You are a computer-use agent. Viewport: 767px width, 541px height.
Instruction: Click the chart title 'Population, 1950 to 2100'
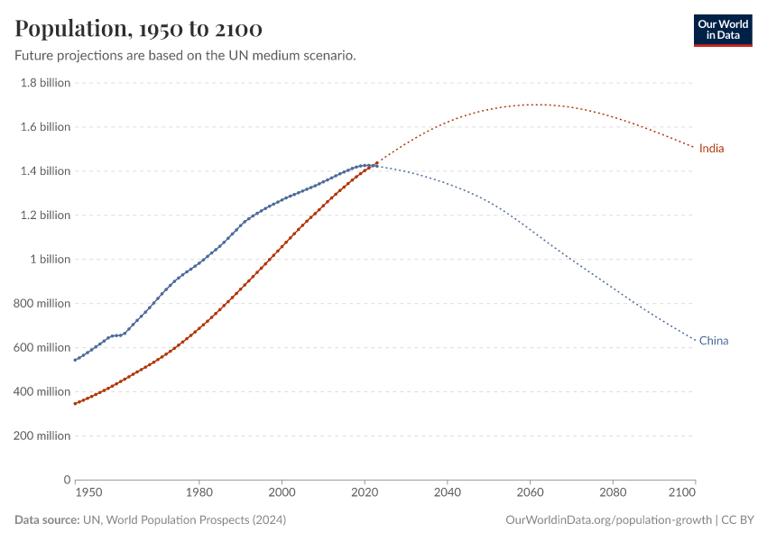(139, 30)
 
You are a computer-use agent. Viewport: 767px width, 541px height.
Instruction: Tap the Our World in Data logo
(722, 30)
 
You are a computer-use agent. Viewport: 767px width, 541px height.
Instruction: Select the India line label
(712, 148)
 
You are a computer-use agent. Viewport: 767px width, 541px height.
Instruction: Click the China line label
(713, 341)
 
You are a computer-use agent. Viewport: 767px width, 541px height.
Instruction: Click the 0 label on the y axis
(67, 480)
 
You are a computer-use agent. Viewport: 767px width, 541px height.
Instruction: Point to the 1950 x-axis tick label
(88, 493)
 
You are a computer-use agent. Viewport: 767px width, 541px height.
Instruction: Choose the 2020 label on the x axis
(365, 493)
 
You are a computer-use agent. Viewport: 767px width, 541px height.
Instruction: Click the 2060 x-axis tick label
(530, 493)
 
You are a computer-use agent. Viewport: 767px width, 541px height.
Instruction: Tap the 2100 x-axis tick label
(683, 493)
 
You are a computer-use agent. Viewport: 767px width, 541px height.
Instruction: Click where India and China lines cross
(374, 165)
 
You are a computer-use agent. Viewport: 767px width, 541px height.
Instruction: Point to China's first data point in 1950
(75, 360)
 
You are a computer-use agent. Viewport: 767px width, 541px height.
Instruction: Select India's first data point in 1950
(75, 403)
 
